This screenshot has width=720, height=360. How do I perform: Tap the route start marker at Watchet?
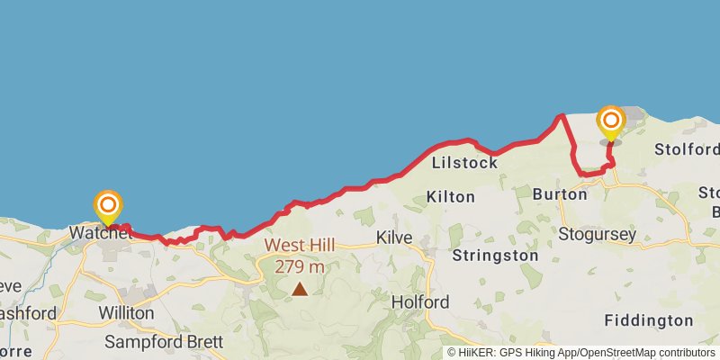coord(108,205)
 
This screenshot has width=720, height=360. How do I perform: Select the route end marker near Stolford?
coord(610,121)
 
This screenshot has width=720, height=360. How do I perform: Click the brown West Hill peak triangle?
coord(300,289)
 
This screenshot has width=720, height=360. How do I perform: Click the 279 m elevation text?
coord(300,266)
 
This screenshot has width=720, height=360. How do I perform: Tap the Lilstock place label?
coord(464,163)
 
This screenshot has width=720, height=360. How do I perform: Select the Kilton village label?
coord(450,196)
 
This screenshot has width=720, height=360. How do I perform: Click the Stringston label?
coord(496,256)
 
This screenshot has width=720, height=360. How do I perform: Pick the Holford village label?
coord(420,302)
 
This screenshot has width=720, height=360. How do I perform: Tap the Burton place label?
coord(560,193)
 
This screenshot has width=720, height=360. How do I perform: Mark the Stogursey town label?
coord(598,235)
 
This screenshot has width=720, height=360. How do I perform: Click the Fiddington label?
coord(649,320)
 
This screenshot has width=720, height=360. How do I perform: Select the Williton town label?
coord(125,313)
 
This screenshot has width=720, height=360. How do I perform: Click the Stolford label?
coord(688,148)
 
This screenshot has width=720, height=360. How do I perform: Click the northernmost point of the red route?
coord(562,115)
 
